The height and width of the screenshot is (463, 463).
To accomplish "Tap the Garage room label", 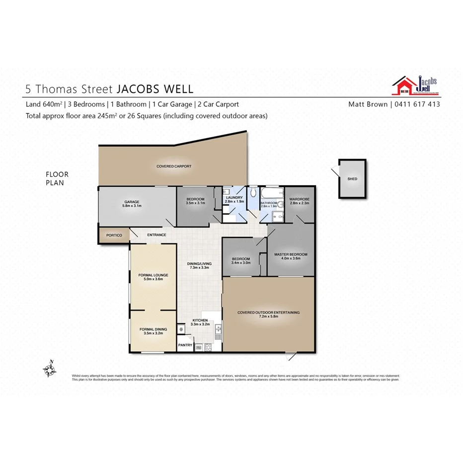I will [x=132, y=202].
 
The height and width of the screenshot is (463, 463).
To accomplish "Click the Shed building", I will [x=352, y=179].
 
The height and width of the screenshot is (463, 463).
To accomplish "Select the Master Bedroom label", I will [x=291, y=254].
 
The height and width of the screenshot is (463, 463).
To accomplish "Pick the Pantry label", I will [x=185, y=345].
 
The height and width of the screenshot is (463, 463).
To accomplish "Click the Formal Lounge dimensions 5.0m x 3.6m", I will [x=153, y=279].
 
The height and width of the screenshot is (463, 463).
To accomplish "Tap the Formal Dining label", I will [x=153, y=329].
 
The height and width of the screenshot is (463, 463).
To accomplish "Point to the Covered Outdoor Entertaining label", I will [x=268, y=312].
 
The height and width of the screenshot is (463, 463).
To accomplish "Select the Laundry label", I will [x=234, y=198].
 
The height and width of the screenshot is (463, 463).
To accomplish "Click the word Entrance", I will [x=156, y=235].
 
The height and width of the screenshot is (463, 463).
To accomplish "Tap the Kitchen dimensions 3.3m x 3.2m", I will [x=200, y=324].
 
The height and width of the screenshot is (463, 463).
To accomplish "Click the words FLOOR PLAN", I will [x=57, y=178].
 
